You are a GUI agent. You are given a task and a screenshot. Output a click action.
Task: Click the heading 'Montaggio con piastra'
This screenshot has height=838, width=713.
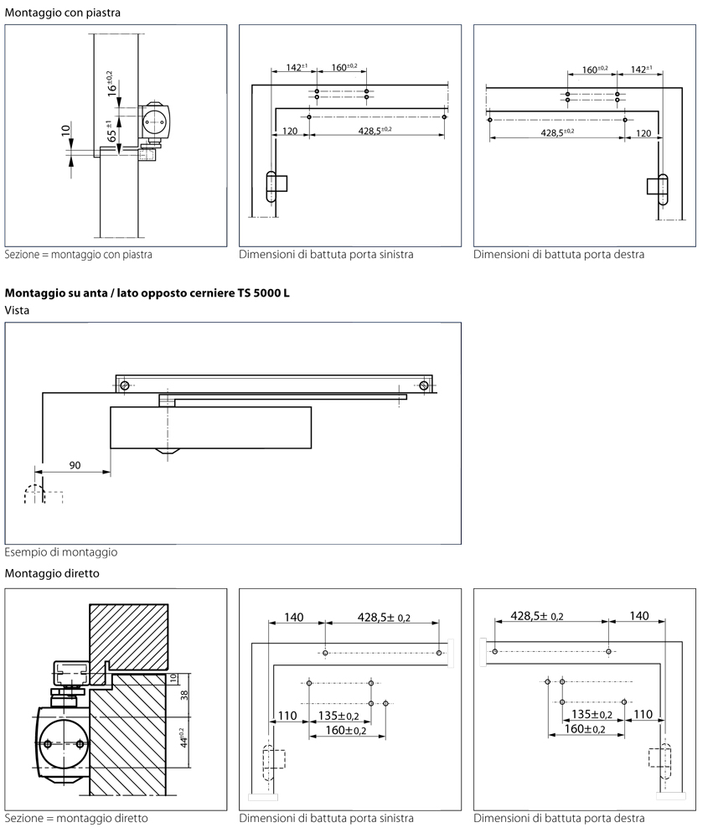pyautogui.click(x=62, y=13)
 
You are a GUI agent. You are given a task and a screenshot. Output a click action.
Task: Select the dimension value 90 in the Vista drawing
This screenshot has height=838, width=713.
pyautogui.click(x=75, y=465)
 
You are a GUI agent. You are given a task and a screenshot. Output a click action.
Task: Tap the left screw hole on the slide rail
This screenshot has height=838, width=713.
pyautogui.click(x=124, y=385)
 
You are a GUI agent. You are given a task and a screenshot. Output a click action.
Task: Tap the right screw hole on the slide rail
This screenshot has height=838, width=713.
pyautogui.click(x=425, y=385)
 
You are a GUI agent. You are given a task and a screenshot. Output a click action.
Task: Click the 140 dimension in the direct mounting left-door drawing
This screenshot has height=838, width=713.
pyautogui.click(x=293, y=617)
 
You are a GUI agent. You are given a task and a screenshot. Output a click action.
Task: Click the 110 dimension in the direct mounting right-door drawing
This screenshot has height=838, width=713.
pyautogui.click(x=643, y=715)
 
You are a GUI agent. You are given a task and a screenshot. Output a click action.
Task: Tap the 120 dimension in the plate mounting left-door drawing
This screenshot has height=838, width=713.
pyautogui.click(x=290, y=132)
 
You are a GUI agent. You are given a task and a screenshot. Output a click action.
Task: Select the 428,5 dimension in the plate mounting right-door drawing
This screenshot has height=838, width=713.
pyautogui.click(x=557, y=132)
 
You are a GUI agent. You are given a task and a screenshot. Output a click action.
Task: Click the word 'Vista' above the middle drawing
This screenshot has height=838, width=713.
pyautogui.click(x=18, y=309)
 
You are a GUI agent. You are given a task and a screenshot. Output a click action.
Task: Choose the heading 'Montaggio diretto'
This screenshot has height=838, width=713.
pyautogui.click(x=52, y=574)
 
